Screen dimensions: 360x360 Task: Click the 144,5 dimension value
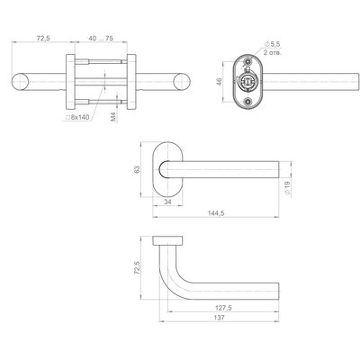[216, 213]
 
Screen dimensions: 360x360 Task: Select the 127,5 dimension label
[223, 308]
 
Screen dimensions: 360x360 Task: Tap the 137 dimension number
[220, 318]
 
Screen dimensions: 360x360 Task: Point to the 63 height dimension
[137, 169]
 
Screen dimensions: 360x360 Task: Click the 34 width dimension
[167, 202]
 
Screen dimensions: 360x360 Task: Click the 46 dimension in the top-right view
[220, 82]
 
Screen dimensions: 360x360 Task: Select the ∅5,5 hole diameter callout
[272, 44]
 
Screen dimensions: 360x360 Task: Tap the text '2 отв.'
[273, 53]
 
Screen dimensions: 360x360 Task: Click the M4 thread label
[113, 117]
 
